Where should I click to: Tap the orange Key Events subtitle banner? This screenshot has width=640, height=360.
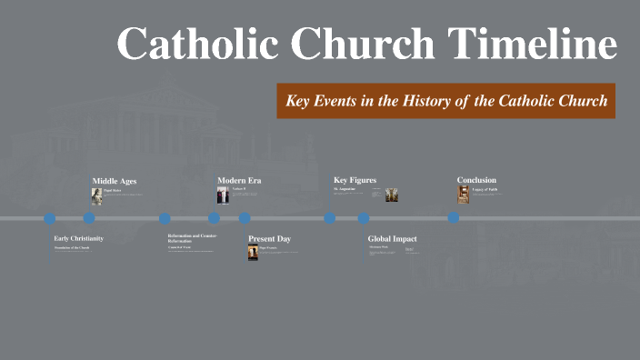pyautogui.click(x=446, y=101)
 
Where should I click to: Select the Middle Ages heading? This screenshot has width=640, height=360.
pyautogui.click(x=115, y=181)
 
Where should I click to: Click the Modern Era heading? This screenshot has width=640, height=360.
pyautogui.click(x=239, y=181)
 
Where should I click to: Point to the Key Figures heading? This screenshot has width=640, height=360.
pyautogui.click(x=355, y=180)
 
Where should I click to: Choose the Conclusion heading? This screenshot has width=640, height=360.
pyautogui.click(x=476, y=180)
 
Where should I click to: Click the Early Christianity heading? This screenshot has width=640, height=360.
pyautogui.click(x=78, y=238)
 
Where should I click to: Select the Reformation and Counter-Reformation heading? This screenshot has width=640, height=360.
pyautogui.click(x=192, y=238)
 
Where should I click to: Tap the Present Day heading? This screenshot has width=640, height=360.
pyautogui.click(x=269, y=238)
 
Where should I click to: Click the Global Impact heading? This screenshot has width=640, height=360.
pyautogui.click(x=392, y=238)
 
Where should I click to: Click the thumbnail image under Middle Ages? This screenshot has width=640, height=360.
pyautogui.click(x=96, y=195)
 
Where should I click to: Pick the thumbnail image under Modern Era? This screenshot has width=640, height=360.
pyautogui.click(x=223, y=195)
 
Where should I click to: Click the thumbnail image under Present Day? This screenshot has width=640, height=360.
pyautogui.click(x=254, y=252)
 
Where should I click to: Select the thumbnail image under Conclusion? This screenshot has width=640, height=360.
pyautogui.click(x=463, y=195)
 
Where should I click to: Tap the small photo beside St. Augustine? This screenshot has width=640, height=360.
pyautogui.click(x=392, y=195)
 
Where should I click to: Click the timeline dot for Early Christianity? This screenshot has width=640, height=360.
pyautogui.click(x=50, y=218)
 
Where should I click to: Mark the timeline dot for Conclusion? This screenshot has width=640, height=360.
pyautogui.click(x=454, y=218)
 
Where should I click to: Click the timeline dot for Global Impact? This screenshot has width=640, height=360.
pyautogui.click(x=364, y=218)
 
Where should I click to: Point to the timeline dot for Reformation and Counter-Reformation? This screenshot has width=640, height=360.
pyautogui.click(x=165, y=218)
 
